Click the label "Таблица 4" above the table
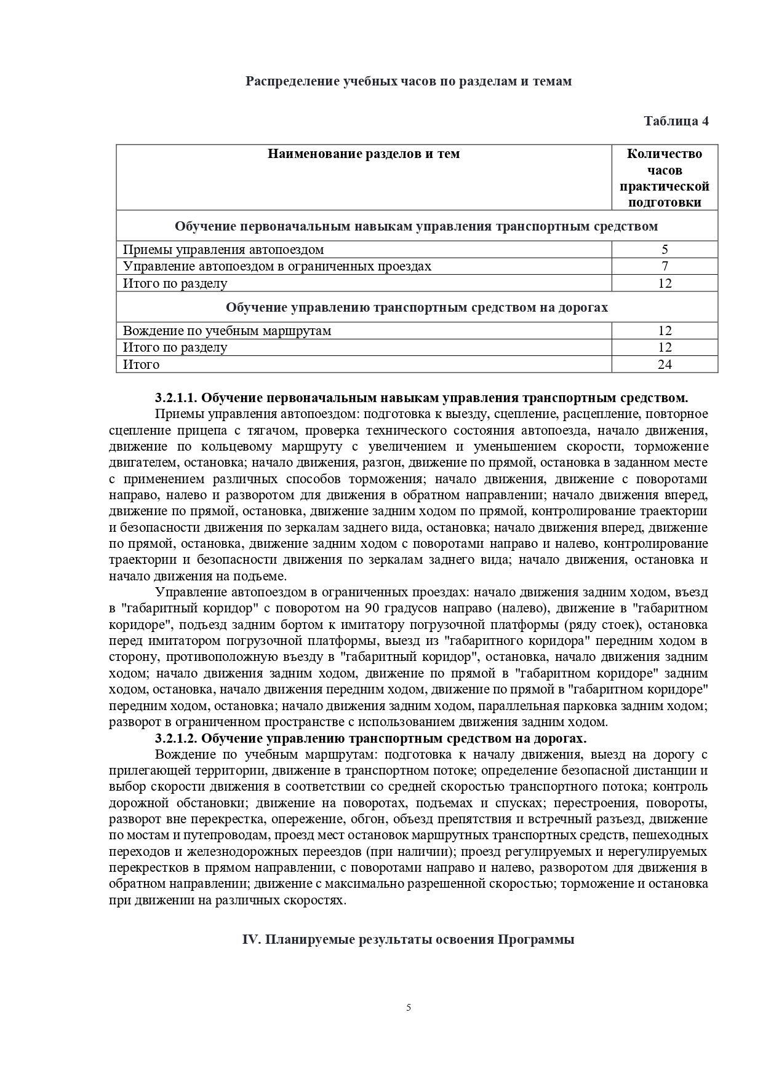point(676,121)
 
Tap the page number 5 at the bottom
point(409,1007)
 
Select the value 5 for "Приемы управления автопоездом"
point(665,250)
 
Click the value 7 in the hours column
point(665,266)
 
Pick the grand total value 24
point(665,365)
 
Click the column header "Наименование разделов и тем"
point(364,154)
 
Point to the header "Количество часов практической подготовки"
point(665,178)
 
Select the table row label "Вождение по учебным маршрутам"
point(227,331)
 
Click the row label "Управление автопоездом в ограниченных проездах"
point(277,266)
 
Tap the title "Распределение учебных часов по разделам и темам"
point(409,81)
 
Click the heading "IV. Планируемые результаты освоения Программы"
point(409,939)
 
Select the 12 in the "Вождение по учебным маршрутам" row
point(665,331)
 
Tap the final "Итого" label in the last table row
point(141,365)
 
